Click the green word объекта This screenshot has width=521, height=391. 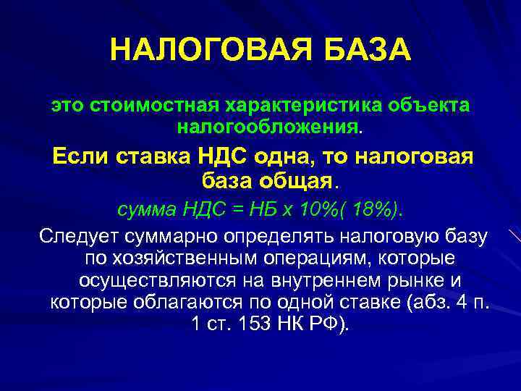coord(430,105)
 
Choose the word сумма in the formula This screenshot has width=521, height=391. coord(146,209)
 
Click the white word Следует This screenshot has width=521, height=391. coord(79,237)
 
